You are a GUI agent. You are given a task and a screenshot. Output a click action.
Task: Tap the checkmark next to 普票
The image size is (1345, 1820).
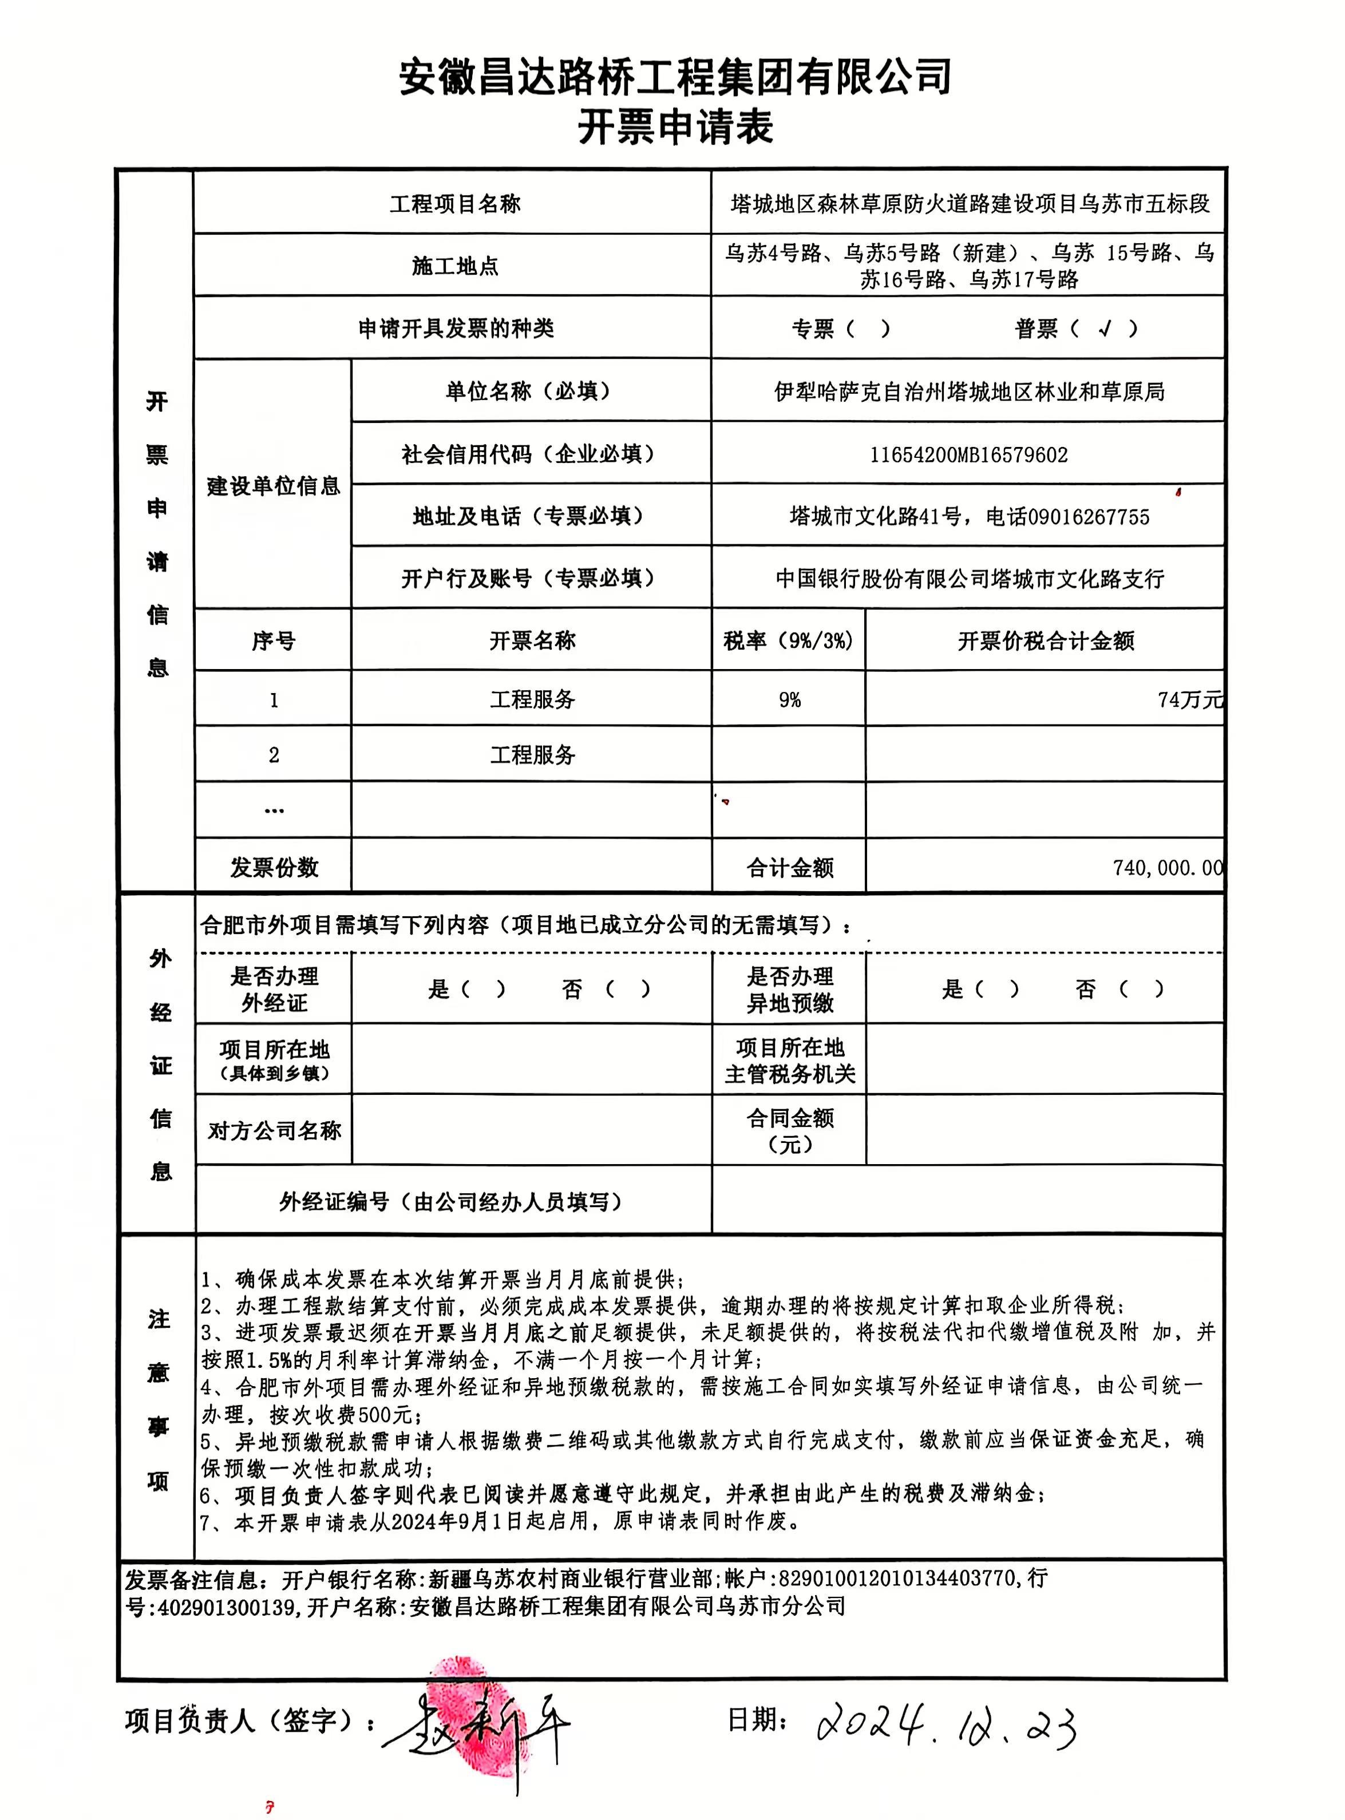pyautogui.click(x=1105, y=329)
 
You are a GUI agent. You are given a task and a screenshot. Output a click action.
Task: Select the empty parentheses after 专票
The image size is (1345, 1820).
pyautogui.click(x=869, y=329)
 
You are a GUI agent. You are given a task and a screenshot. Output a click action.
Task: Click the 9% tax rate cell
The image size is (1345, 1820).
pyautogui.click(x=789, y=700)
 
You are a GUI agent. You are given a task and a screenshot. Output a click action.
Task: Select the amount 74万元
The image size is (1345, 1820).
pyautogui.click(x=1189, y=700)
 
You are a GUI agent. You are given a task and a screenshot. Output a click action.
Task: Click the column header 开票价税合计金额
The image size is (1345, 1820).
pyautogui.click(x=1046, y=642)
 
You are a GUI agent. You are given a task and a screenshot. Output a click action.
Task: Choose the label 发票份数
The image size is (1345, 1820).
pyautogui.click(x=274, y=868)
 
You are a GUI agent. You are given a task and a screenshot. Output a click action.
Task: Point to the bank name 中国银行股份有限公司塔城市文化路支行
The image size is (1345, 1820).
pyautogui.click(x=969, y=579)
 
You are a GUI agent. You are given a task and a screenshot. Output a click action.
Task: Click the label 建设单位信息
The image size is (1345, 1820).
pyautogui.click(x=273, y=486)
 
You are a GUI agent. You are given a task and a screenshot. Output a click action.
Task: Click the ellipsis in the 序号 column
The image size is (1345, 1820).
pyautogui.click(x=274, y=810)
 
